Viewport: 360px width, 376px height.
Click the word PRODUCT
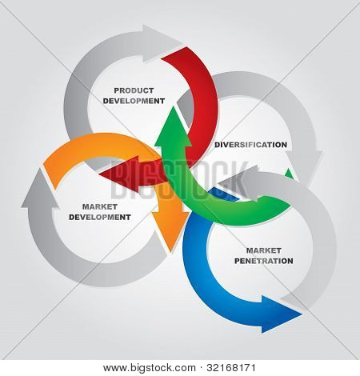pos(134,90)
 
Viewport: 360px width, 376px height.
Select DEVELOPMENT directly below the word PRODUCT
pos(134,101)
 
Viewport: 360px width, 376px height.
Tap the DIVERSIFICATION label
pos(251,145)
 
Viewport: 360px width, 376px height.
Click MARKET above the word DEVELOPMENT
pos(100,206)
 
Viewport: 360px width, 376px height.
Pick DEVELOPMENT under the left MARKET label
pos(100,217)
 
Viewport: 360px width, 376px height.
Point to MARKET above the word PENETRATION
pos(264,250)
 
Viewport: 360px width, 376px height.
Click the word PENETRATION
pos(264,261)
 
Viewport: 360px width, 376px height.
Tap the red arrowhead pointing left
pos(120,174)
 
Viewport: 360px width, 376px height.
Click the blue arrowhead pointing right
pos(280,314)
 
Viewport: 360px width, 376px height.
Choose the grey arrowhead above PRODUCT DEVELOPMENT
pos(160,43)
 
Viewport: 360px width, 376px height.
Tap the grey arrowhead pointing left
pos(238,183)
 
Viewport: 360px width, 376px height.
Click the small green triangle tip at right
pos(289,174)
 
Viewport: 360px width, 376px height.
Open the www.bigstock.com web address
pos(150,368)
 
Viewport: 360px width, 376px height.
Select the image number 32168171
pos(231,368)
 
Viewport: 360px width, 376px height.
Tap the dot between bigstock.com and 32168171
pos(201,368)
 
